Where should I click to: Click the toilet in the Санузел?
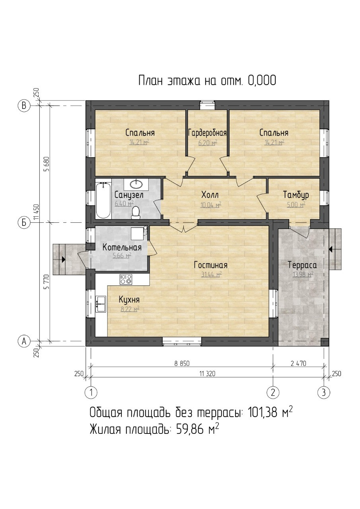pyautogui.click(x=136, y=212)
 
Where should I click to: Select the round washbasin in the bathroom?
pyautogui.click(x=136, y=184)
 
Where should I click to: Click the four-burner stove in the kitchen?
pyautogui.click(x=126, y=279)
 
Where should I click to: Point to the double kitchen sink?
pyautogui.click(x=101, y=304)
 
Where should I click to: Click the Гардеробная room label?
pyautogui.click(x=207, y=133)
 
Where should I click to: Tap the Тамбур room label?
pyautogui.click(x=296, y=195)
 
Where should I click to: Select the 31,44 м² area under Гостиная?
pyautogui.click(x=211, y=274)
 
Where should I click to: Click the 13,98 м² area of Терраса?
pyautogui.click(x=303, y=274)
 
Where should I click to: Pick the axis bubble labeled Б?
pyautogui.click(x=24, y=223)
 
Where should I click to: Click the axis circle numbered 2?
pyautogui.click(x=273, y=392)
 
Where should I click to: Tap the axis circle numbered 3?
pyautogui.click(x=324, y=392)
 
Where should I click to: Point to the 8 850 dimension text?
pyautogui.click(x=182, y=363)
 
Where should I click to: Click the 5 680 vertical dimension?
pyautogui.click(x=47, y=164)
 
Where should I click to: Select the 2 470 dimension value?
pyautogui.click(x=298, y=363)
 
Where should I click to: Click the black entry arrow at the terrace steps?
pyautogui.click(x=331, y=249)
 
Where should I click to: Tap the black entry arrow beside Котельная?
pyautogui.click(x=63, y=259)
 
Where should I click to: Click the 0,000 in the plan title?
pyautogui.click(x=262, y=80)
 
